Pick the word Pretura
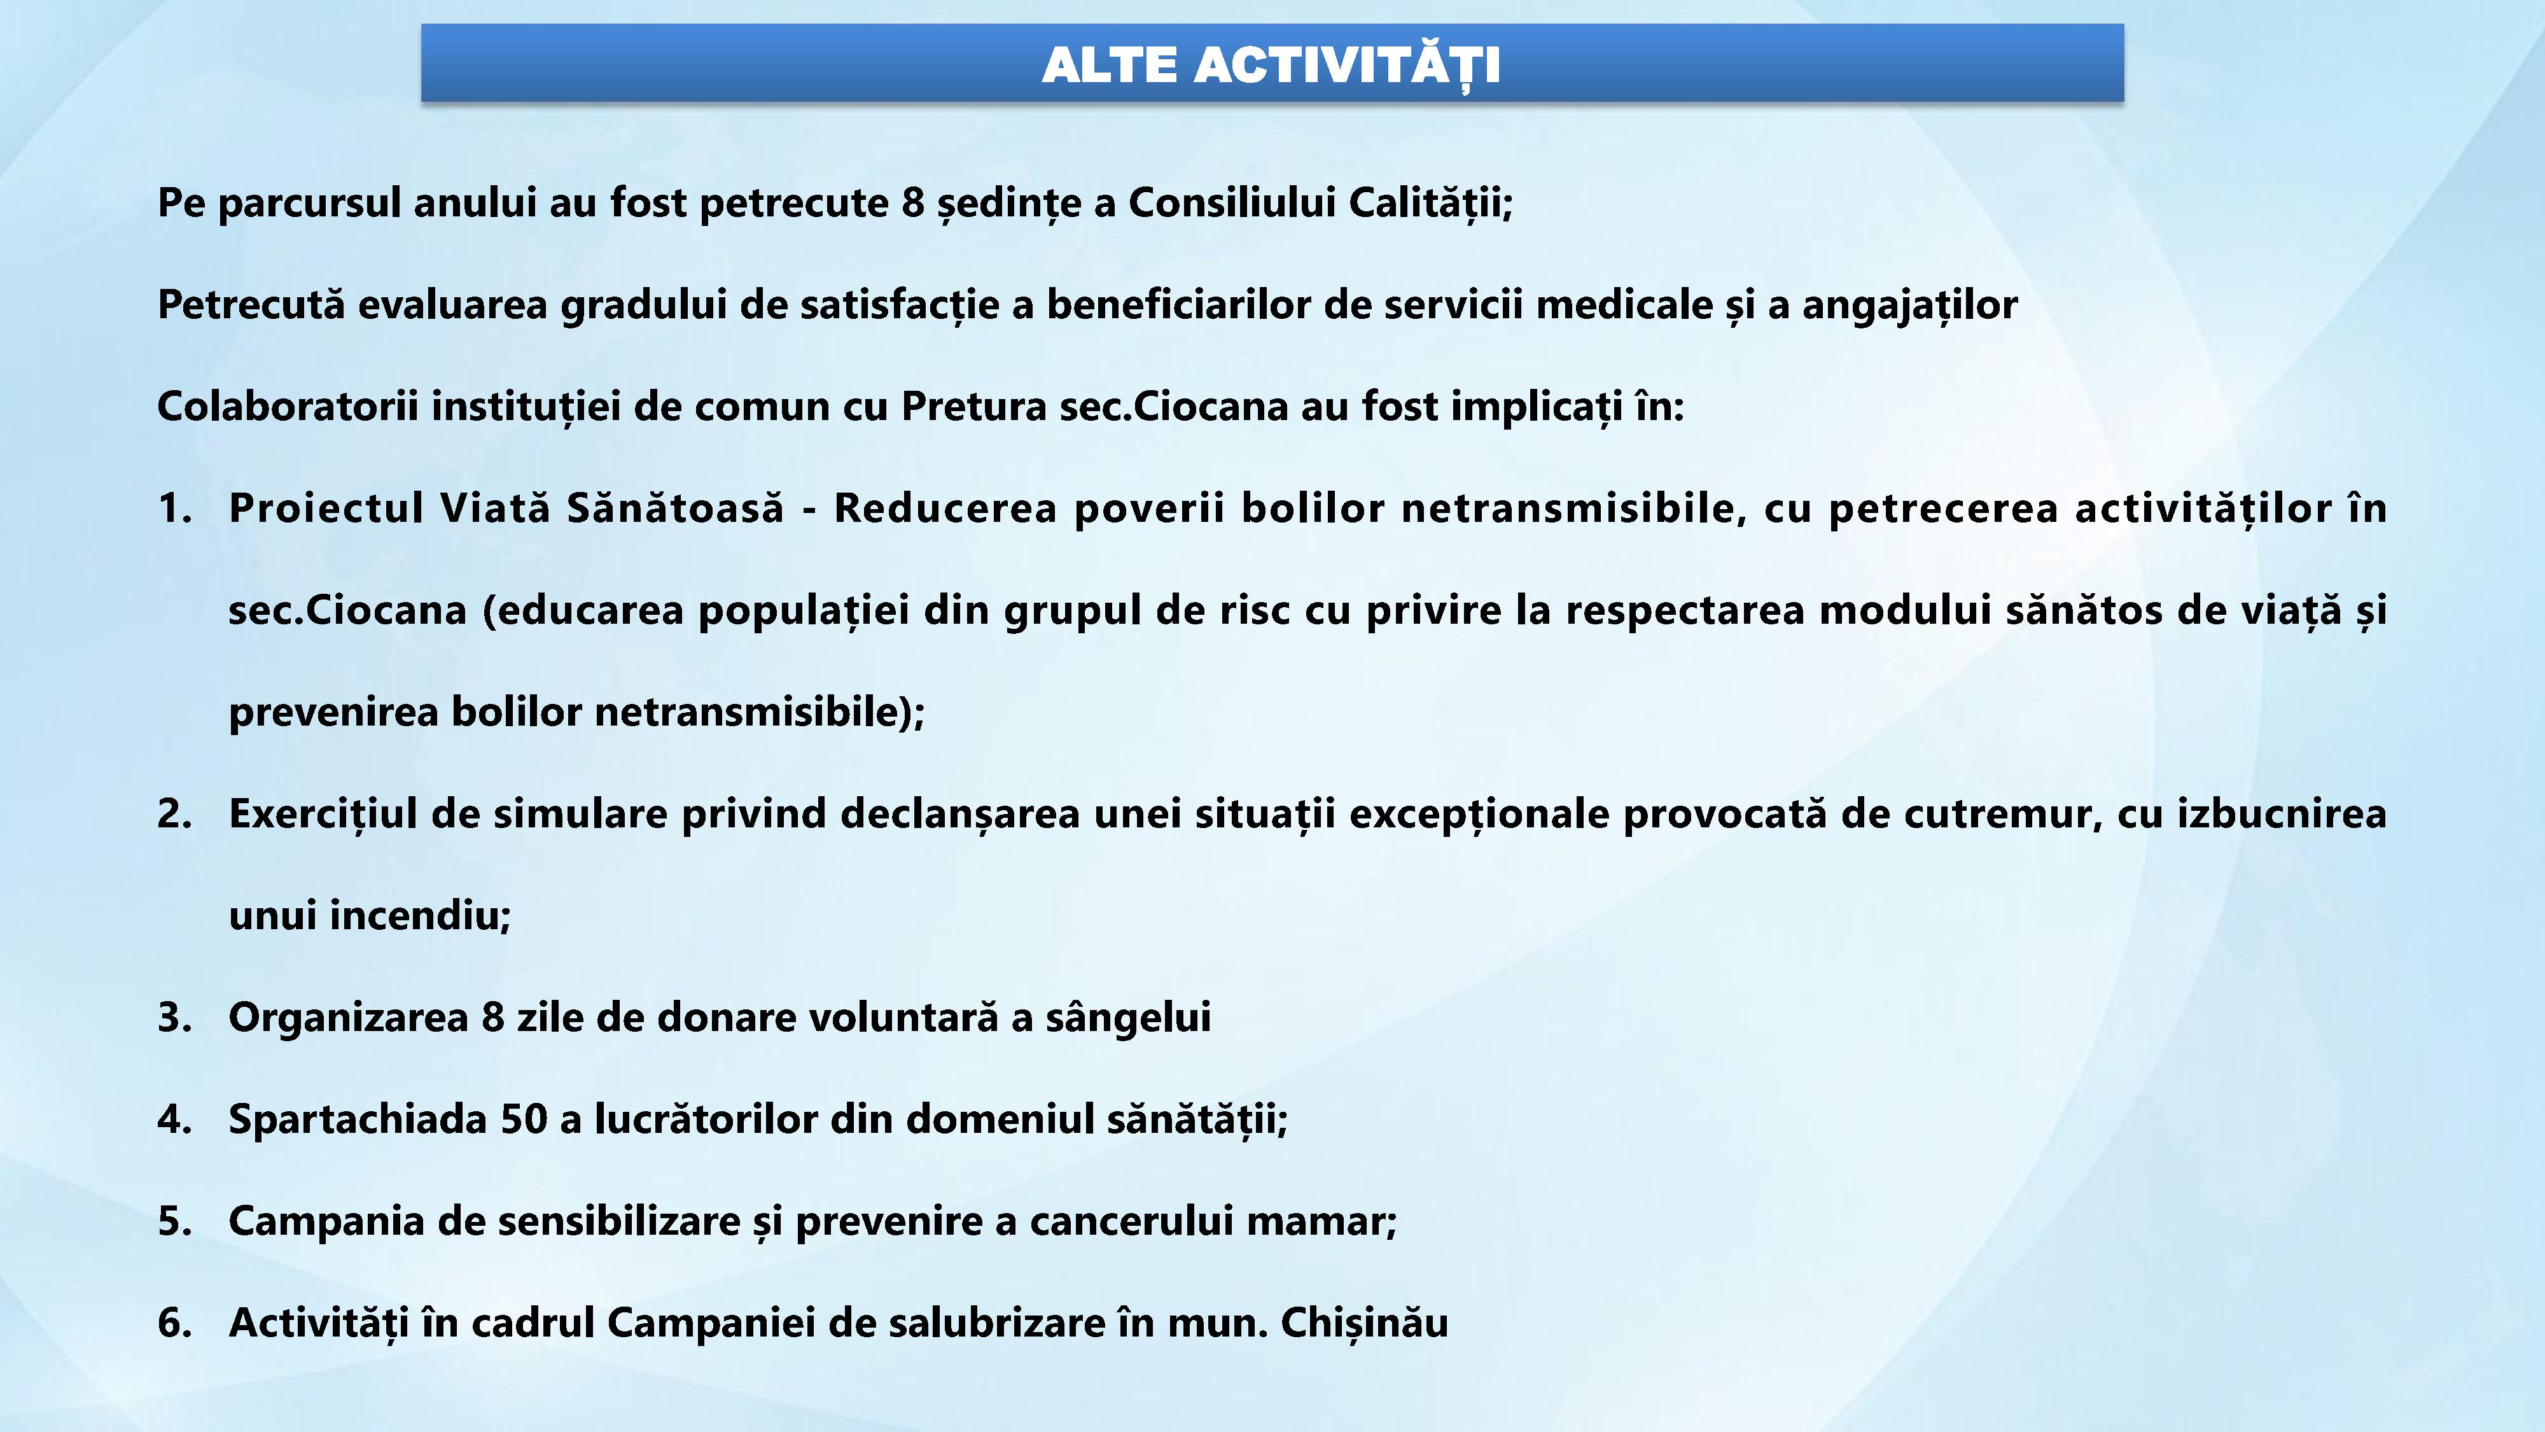tap(974, 406)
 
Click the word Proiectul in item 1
tap(326, 508)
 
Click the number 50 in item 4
tap(524, 1120)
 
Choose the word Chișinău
tap(1364, 1323)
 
